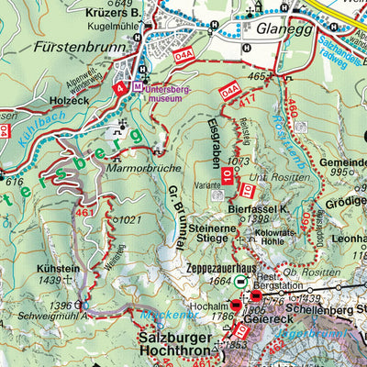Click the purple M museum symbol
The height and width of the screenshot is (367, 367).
click(138, 85)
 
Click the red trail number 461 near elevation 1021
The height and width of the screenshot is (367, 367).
click(85, 213)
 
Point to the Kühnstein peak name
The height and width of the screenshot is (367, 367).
click(58, 266)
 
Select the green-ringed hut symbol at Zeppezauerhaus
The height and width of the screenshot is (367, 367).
click(240, 282)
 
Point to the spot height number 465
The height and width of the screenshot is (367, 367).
click(259, 76)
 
